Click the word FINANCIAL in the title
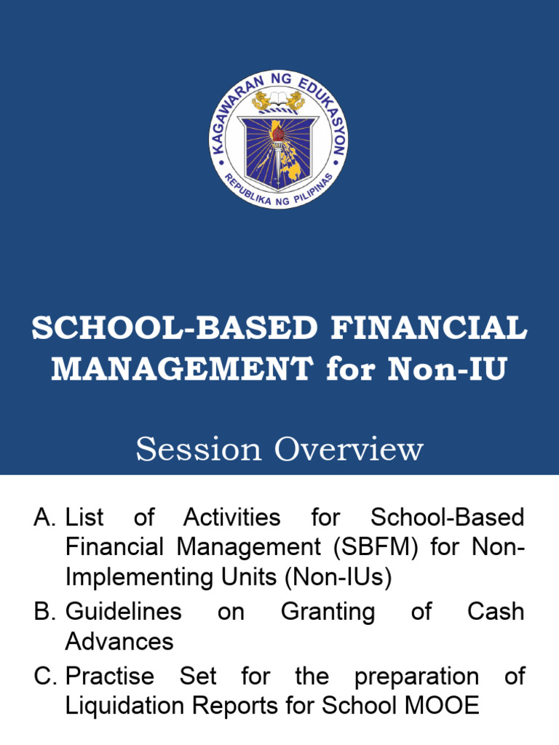(429, 329)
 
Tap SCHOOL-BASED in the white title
(175, 329)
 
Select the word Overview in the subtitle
(349, 449)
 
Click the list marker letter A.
(44, 518)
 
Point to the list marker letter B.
(44, 611)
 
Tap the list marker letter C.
(44, 677)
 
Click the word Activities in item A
(231, 518)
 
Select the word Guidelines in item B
(124, 611)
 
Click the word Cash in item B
(495, 611)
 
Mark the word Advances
(119, 642)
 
